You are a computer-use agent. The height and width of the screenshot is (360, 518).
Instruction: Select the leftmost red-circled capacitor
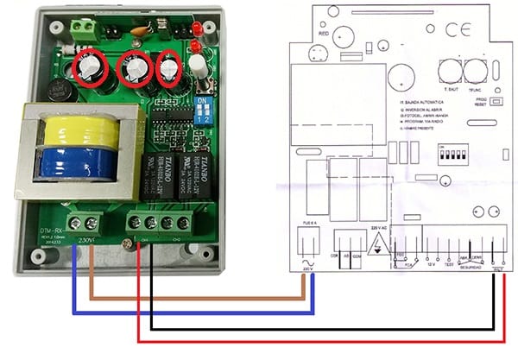[90, 67]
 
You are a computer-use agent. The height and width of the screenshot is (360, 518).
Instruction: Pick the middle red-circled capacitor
[136, 66]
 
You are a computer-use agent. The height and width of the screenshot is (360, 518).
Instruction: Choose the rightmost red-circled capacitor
[172, 66]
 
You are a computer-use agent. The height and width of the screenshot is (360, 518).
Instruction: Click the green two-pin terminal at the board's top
[83, 28]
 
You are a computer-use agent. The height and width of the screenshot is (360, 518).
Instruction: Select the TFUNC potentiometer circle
[473, 70]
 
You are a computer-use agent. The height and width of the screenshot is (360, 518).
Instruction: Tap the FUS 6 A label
[309, 222]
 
